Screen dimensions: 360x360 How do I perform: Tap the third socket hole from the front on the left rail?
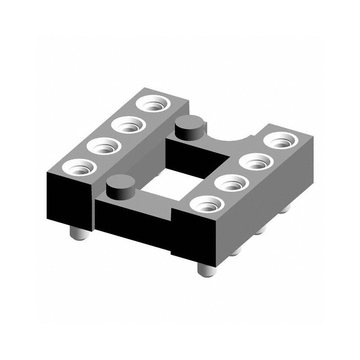127,125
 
